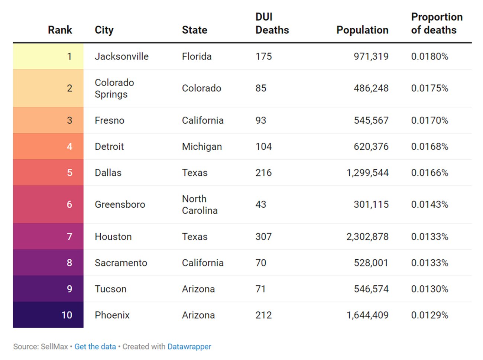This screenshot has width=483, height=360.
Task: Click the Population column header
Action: tap(362, 30)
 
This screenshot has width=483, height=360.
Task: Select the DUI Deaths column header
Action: tap(272, 23)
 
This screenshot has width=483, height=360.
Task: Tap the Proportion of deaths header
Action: tap(437, 23)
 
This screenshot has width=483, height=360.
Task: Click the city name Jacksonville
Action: tap(121, 56)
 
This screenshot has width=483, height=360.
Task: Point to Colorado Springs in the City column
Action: tap(114, 88)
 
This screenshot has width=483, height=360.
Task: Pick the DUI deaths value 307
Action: tap(263, 237)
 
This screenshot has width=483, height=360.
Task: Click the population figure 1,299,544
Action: tap(367, 173)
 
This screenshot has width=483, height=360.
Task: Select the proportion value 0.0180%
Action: tap(429, 56)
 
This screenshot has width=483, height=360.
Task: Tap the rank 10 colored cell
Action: tap(48, 315)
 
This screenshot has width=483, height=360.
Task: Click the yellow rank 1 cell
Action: tap(48, 56)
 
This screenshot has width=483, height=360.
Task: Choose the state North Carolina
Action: tap(200, 205)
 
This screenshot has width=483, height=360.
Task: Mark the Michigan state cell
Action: tap(202, 147)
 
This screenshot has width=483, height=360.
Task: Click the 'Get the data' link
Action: tap(95, 347)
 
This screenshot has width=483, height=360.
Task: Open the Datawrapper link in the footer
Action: tap(189, 347)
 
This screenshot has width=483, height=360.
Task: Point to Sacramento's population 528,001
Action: tap(371, 263)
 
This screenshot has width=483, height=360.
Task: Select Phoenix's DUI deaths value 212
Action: tap(263, 315)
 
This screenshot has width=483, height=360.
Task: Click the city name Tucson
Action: tap(110, 289)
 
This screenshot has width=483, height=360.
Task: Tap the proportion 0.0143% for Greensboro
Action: tap(429, 205)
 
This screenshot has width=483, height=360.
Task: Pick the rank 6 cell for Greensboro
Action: tap(48, 205)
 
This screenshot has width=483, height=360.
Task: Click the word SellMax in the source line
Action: tap(54, 347)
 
